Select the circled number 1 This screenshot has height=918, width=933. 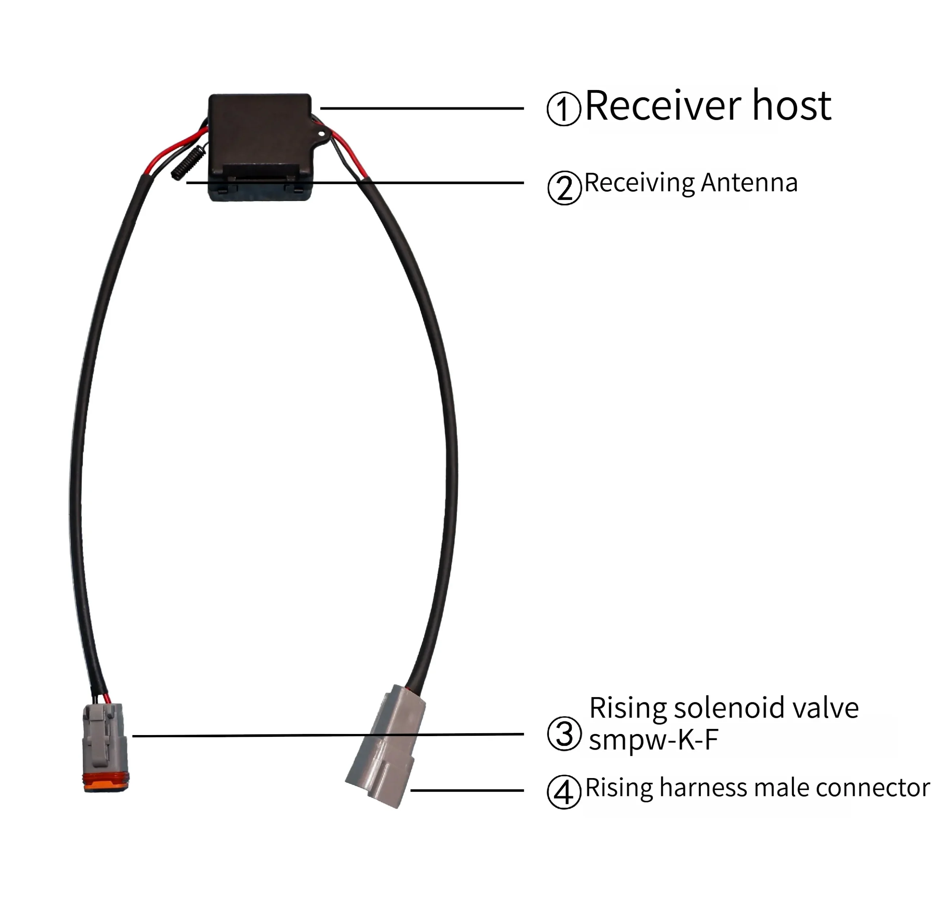pyautogui.click(x=563, y=109)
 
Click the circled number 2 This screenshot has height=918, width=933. pyautogui.click(x=564, y=188)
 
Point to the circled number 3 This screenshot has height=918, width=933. pyautogui.click(x=564, y=734)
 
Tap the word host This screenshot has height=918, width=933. pyautogui.click(x=791, y=106)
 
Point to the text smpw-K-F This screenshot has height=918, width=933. pyautogui.click(x=653, y=739)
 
